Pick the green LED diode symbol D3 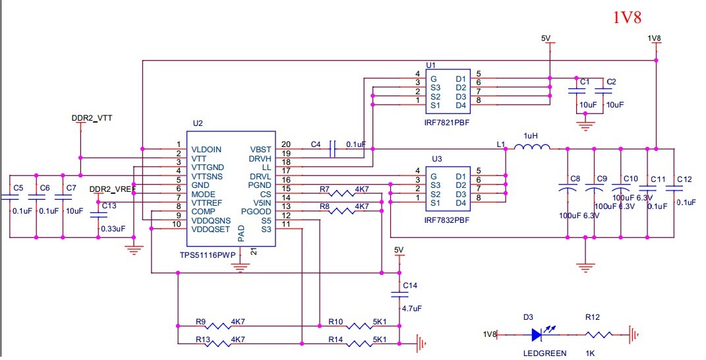pyautogui.click(x=538, y=334)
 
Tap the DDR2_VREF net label pyautogui.click(x=112, y=189)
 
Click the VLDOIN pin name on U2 pyautogui.click(x=206, y=149)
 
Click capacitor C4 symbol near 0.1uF pyautogui.click(x=333, y=150)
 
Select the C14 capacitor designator pyautogui.click(x=410, y=285)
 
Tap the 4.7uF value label pyautogui.click(x=411, y=308)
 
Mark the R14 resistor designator pyautogui.click(x=336, y=339)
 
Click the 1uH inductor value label pyautogui.click(x=531, y=135)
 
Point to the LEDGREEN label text pyautogui.click(x=544, y=353)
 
